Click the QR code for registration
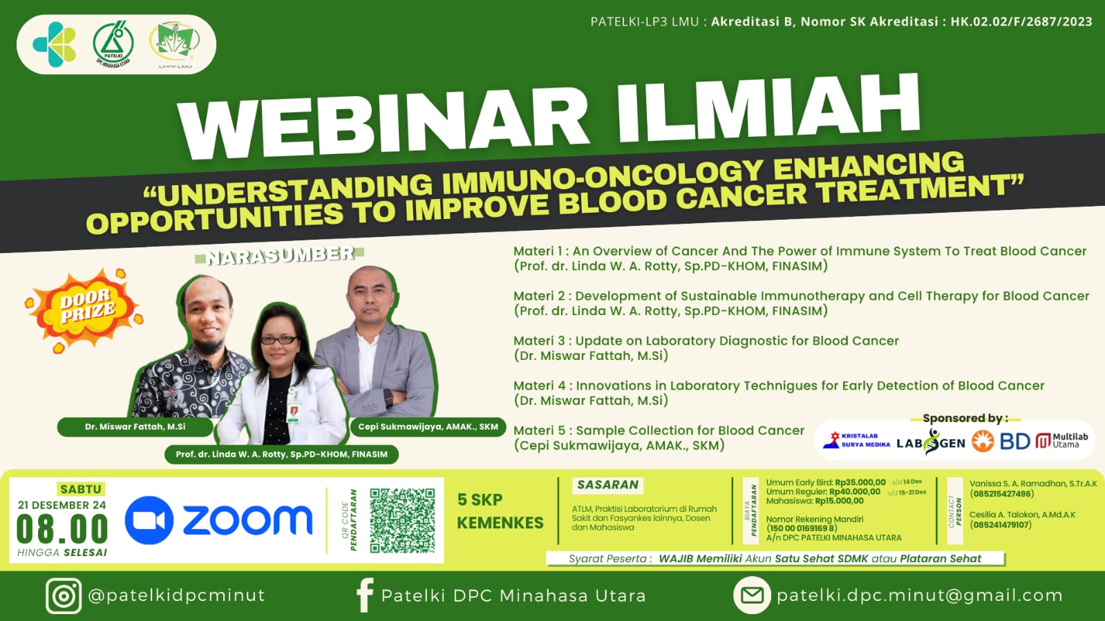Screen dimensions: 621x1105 tap(402, 520)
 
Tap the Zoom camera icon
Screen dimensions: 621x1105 tap(149, 520)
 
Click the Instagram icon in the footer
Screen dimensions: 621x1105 tap(64, 595)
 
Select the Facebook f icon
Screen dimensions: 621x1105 tap(364, 595)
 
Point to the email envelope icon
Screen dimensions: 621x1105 tap(752, 595)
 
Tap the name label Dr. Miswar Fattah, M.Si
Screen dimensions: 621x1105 tap(135, 427)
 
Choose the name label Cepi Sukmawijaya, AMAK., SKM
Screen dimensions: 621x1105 tap(428, 427)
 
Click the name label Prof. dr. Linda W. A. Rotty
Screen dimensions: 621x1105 tap(281, 455)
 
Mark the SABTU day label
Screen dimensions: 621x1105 tap(80, 489)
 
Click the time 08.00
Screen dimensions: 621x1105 tap(62, 530)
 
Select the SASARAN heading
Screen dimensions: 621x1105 tap(607, 485)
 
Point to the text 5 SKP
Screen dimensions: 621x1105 tap(480, 499)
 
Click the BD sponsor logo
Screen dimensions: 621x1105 tap(1014, 441)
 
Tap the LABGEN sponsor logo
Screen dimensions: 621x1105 tap(930, 442)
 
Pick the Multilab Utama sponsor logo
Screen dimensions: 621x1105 tap(1062, 441)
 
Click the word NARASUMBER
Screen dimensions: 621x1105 tap(280, 256)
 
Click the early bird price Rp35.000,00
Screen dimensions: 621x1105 tap(860, 482)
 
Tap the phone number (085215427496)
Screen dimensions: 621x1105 tap(1001, 494)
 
